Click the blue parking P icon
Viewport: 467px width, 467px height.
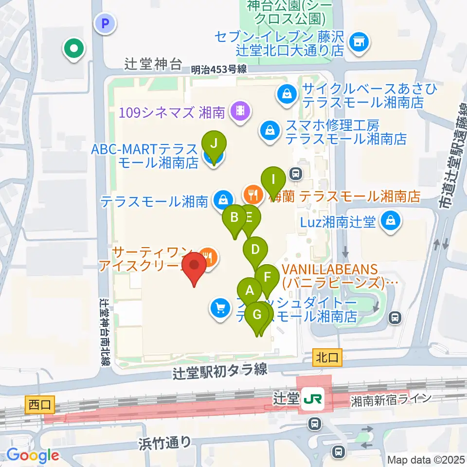point(104,22)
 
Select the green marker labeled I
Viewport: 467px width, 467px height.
point(274,180)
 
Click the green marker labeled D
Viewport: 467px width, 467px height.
point(255,250)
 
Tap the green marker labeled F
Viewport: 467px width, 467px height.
point(267,278)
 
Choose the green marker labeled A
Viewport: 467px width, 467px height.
point(250,291)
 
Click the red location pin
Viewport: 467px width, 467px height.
point(194,266)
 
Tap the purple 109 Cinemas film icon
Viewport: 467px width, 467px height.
point(239,111)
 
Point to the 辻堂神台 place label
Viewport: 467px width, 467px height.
point(146,64)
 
